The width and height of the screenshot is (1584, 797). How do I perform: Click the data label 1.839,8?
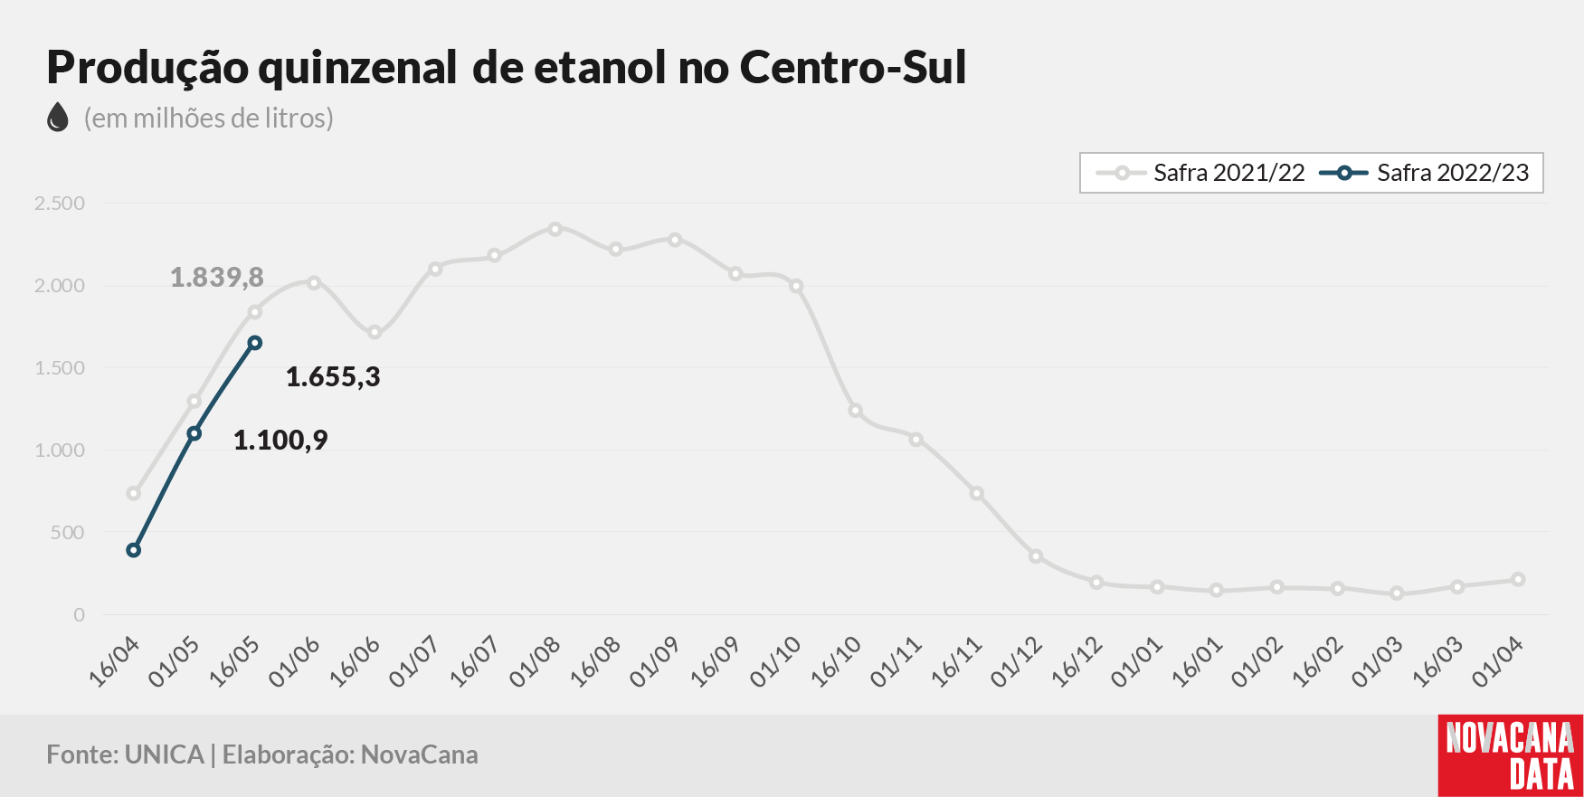point(217,277)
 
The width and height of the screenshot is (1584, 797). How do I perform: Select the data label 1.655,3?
point(333,376)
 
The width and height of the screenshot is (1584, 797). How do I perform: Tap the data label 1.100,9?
point(280,440)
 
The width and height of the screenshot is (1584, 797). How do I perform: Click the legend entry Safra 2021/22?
point(1200,173)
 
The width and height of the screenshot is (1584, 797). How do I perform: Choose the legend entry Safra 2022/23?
point(1425,173)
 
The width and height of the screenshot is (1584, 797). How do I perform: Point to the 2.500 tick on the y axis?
point(60,204)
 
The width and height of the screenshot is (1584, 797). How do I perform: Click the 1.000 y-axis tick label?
point(60,451)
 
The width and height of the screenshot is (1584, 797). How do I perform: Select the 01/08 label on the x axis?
point(535,661)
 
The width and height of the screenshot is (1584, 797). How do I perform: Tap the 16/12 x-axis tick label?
point(1077,661)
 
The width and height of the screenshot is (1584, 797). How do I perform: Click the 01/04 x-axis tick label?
point(1498,661)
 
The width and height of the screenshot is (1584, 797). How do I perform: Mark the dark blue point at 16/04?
point(134,550)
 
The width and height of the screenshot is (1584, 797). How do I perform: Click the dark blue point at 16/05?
point(255,343)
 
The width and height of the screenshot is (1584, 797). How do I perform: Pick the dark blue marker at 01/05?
point(194,433)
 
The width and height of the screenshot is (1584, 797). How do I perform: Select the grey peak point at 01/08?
point(555,229)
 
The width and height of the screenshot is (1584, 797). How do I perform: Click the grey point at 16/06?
point(375,332)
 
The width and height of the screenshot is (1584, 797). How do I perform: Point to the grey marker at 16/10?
point(856,411)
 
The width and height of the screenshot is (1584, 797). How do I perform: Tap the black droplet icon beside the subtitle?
point(58,117)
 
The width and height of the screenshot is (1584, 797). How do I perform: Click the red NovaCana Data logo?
point(1511,755)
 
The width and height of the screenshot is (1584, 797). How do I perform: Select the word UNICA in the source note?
point(165,754)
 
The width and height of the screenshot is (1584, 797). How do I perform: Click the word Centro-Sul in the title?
point(853,67)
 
